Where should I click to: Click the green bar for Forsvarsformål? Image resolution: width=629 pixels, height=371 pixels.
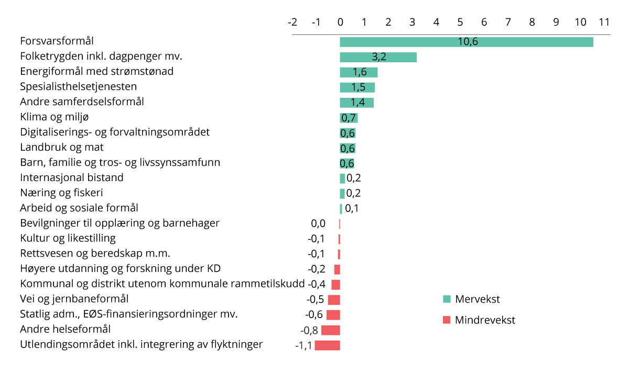[467, 42]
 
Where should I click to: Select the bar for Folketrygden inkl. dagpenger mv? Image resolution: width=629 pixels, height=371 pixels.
[378, 57]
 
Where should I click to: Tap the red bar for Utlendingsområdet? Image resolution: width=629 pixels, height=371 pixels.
[328, 345]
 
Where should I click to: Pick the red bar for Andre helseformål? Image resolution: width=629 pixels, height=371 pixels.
[331, 330]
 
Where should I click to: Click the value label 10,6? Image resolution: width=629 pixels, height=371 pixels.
[468, 42]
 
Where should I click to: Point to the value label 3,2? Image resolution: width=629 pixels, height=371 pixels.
[378, 57]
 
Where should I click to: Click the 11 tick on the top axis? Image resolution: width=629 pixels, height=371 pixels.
[604, 23]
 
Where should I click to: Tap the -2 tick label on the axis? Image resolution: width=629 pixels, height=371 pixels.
[292, 23]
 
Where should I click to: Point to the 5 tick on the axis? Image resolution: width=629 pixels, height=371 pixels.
[460, 23]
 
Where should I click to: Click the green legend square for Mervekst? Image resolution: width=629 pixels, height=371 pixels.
[447, 299]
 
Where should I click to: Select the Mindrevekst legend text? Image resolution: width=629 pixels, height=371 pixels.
[485, 320]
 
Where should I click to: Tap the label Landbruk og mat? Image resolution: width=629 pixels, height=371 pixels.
[62, 147]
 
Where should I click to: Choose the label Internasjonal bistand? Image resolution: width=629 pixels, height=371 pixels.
[72, 177]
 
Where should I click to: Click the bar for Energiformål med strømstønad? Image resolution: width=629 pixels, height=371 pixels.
[359, 72]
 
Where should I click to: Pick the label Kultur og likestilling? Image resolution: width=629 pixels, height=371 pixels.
[68, 239]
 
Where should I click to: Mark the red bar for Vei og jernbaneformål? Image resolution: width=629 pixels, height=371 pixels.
[334, 300]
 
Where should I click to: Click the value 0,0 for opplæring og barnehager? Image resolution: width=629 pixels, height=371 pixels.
[318, 223]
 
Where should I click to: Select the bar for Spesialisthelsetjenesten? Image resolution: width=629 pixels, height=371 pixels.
[357, 87]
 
